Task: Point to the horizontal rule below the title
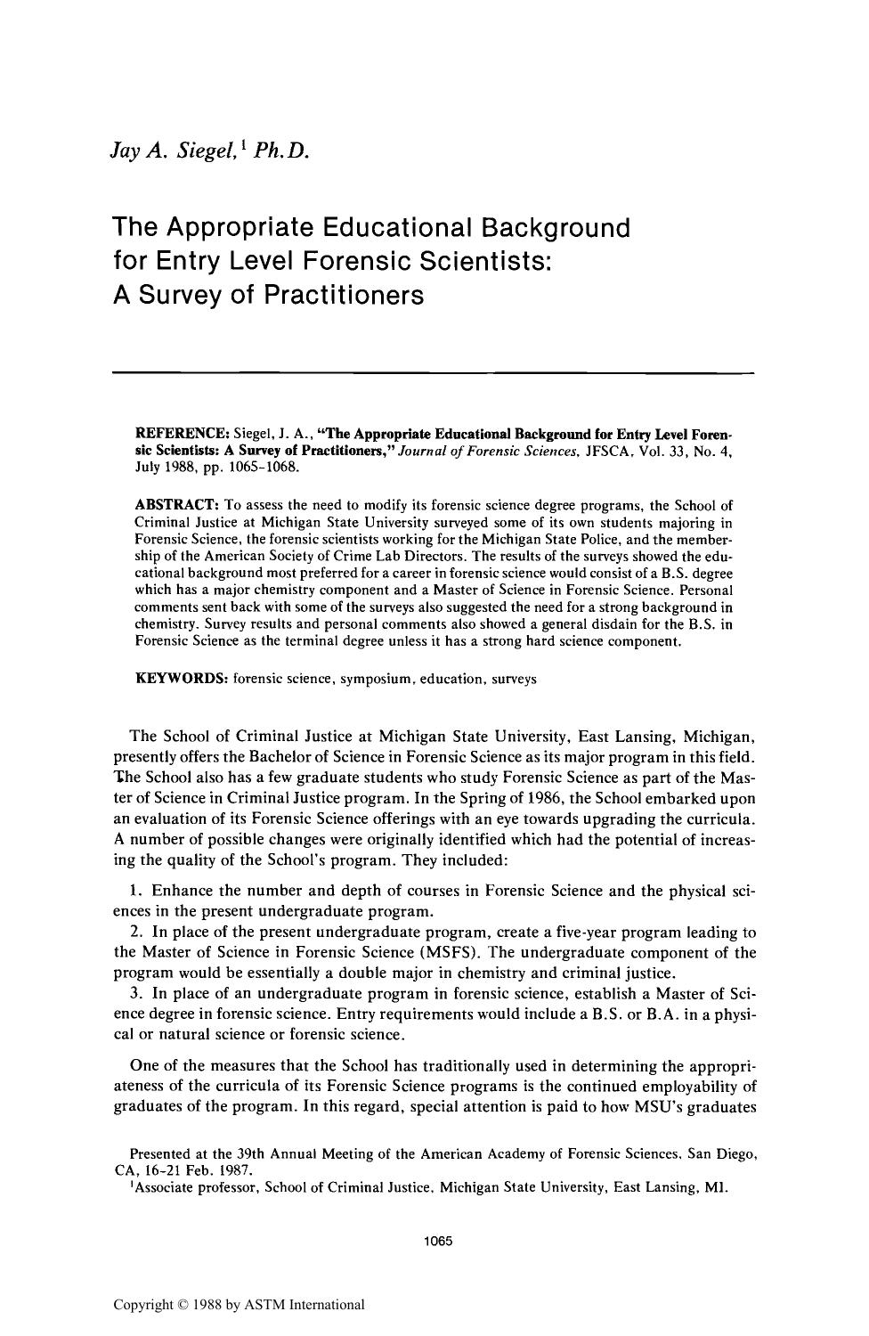(434, 371)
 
